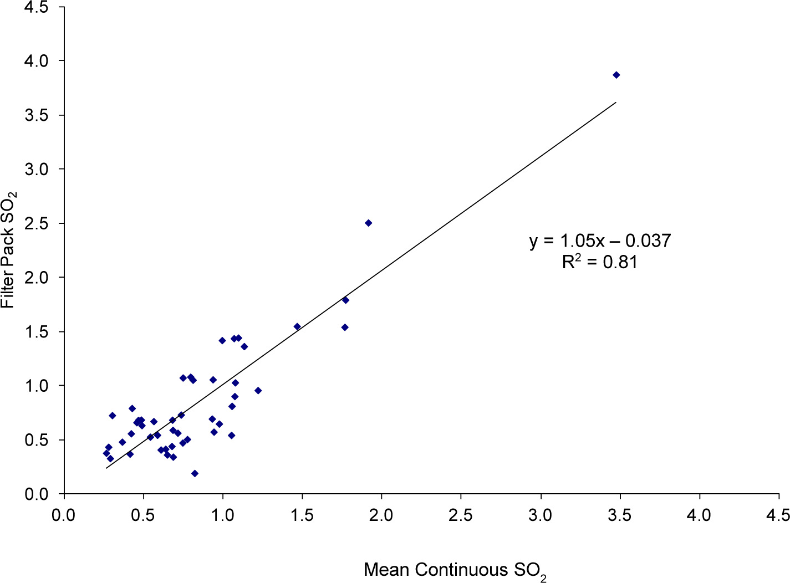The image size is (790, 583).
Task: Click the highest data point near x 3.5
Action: point(616,75)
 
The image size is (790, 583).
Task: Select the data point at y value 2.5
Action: point(368,223)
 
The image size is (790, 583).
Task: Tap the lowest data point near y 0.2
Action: point(195,473)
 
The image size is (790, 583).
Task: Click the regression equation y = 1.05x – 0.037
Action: point(600,241)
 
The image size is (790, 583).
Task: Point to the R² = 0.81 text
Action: point(600,262)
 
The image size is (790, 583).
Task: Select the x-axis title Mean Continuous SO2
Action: point(455,570)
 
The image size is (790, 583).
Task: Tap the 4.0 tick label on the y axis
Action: point(37,60)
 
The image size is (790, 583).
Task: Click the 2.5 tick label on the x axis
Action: point(460,515)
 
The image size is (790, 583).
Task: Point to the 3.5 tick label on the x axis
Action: point(619,515)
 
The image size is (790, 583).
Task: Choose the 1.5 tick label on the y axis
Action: point(37,331)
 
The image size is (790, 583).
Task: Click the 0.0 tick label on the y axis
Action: point(37,494)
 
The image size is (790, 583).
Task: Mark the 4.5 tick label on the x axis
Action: point(778,515)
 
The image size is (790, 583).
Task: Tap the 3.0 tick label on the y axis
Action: point(37,169)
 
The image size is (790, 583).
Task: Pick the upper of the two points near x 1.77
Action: point(345,300)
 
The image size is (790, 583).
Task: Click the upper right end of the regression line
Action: point(616,103)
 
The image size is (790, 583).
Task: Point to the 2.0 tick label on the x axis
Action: point(381,515)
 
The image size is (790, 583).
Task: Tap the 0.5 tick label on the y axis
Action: point(37,440)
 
